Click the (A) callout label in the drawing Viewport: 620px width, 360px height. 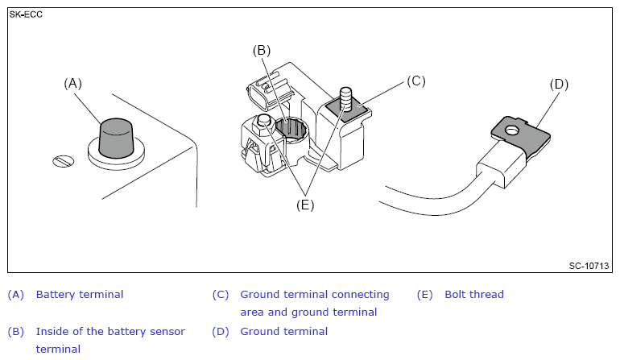pyautogui.click(x=73, y=83)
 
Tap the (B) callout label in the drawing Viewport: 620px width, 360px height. pyautogui.click(x=261, y=50)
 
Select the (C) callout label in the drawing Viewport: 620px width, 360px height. pyautogui.click(x=415, y=81)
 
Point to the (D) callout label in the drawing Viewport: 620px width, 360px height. pyautogui.click(x=560, y=84)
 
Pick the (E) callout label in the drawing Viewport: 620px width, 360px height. pyautogui.click(x=304, y=205)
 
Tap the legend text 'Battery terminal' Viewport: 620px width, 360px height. pyautogui.click(x=80, y=295)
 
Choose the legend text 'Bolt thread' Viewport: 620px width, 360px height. pyautogui.click(x=474, y=295)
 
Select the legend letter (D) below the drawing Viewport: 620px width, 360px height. pyautogui.click(x=221, y=332)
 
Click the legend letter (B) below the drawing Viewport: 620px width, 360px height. pyautogui.click(x=16, y=332)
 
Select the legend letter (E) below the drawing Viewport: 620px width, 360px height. pyautogui.click(x=425, y=295)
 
